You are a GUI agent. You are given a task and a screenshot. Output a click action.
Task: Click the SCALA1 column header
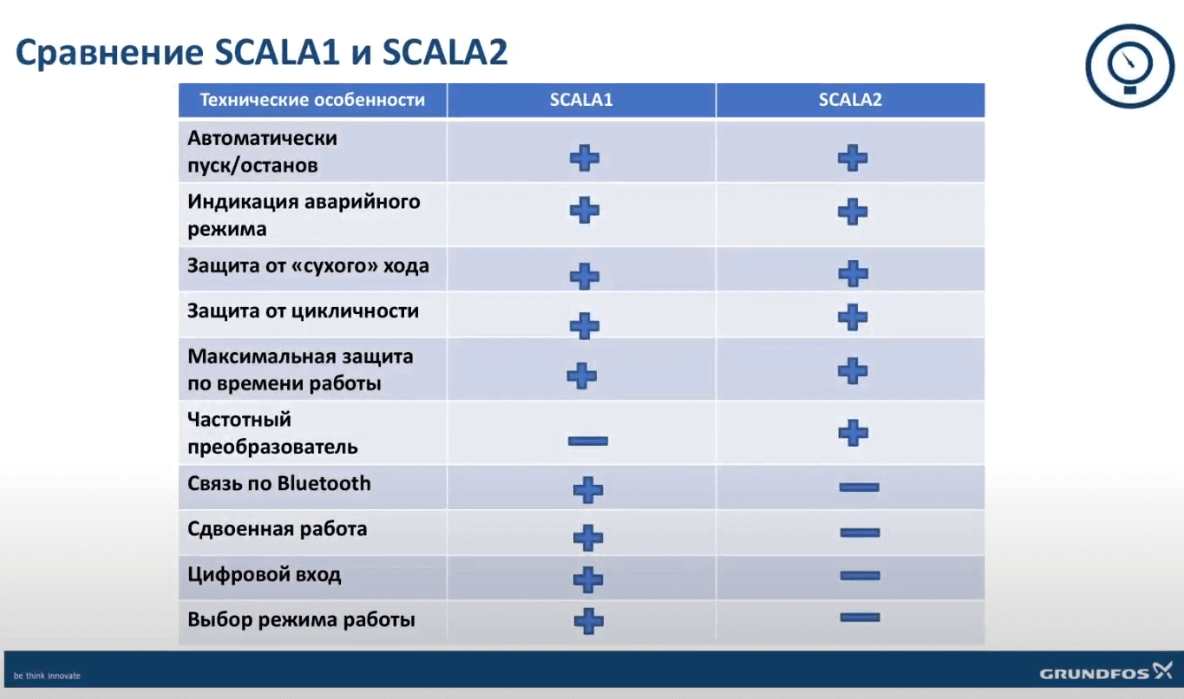point(581,100)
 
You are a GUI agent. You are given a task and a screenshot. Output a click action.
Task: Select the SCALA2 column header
point(850,100)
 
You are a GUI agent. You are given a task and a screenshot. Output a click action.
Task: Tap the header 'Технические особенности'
point(312,100)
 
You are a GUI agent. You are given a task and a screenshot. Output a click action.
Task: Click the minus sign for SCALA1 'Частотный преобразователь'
point(588,441)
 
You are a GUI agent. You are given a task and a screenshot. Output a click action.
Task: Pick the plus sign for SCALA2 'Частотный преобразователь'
point(854,434)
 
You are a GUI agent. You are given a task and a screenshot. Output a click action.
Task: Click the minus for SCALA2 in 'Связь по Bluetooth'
point(859,487)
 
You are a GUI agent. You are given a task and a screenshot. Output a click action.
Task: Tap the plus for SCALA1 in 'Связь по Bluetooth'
point(588,490)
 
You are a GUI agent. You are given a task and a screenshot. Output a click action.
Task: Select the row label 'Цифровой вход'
point(265,574)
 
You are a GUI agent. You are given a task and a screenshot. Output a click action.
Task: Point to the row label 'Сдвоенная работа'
point(277,529)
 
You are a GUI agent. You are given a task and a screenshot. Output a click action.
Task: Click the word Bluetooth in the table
point(324,483)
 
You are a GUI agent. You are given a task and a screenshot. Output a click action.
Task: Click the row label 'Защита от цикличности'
point(303,310)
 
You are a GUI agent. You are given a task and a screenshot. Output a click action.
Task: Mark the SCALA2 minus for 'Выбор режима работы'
point(860,617)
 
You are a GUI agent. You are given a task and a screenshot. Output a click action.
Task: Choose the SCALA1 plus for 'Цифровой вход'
point(588,579)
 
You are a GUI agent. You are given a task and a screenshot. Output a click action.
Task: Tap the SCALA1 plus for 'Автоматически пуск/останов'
point(585,158)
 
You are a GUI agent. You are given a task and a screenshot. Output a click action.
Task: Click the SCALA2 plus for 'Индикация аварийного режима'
point(853,212)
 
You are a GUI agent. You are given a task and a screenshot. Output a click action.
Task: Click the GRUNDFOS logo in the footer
point(1105,671)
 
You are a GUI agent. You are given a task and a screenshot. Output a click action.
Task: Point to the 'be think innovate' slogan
point(47,676)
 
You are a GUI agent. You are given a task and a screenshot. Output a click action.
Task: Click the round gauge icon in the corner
point(1130,66)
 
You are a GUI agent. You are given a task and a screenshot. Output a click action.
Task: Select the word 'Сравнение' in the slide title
point(109,52)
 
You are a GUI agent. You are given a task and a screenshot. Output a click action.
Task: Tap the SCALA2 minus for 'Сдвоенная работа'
point(860,532)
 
